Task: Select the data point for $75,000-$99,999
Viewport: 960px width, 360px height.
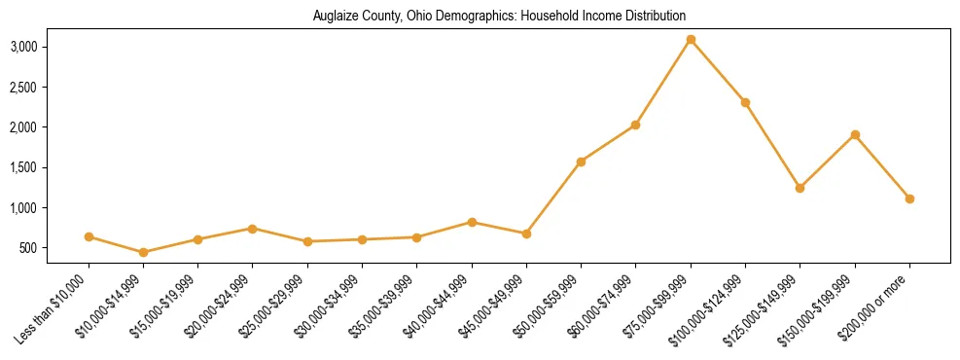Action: (x=691, y=40)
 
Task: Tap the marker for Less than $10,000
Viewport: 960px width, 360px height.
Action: (x=89, y=236)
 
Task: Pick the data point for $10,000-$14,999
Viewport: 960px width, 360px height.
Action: (x=144, y=252)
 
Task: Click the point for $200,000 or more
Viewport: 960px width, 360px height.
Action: (x=909, y=198)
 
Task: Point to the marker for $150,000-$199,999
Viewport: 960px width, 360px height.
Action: (x=855, y=134)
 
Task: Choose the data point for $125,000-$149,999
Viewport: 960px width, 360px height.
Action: (x=800, y=188)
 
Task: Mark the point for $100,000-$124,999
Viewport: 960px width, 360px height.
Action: (x=745, y=102)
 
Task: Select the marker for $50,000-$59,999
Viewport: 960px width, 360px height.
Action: (x=581, y=162)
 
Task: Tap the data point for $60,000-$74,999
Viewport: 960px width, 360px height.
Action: (x=635, y=125)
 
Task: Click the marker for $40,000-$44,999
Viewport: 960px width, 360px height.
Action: (x=472, y=222)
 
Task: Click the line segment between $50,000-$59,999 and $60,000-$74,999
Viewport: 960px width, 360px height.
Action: (x=608, y=143)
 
